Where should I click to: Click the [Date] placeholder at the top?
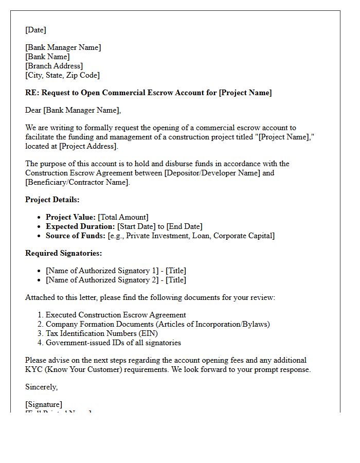(x=35, y=30)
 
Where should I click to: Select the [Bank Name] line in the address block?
(x=47, y=57)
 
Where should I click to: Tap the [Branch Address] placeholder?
(x=54, y=66)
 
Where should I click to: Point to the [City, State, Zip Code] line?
(x=62, y=75)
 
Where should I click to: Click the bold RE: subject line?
(x=148, y=93)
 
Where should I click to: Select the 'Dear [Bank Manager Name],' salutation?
(x=73, y=110)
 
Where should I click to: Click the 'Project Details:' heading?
(x=52, y=200)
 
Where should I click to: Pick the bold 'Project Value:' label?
(x=70, y=217)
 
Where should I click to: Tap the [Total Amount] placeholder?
(x=123, y=217)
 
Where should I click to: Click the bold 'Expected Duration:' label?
(x=80, y=226)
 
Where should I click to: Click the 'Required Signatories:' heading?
(x=63, y=253)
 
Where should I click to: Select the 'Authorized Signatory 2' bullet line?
(x=116, y=280)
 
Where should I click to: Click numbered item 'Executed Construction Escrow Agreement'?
(x=116, y=315)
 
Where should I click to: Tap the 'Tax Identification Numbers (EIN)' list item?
(x=102, y=333)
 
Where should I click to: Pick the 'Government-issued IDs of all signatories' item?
(x=113, y=343)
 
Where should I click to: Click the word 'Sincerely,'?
(x=42, y=387)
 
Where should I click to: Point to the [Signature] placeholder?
(x=44, y=404)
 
